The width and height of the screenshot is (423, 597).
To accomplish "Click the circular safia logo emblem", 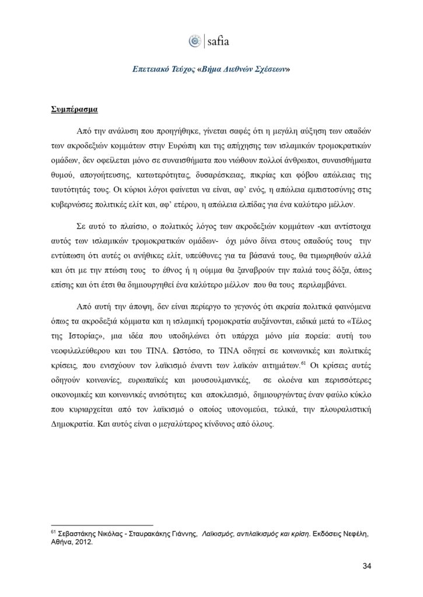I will click(194, 41).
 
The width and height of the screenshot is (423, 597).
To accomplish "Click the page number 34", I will click(366, 566).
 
